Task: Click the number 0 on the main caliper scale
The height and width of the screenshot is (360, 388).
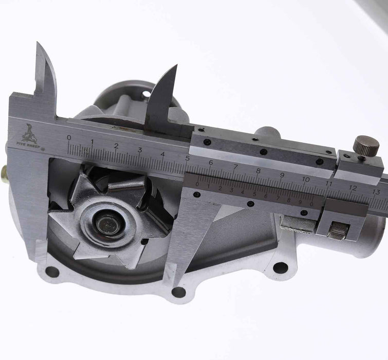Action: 69,137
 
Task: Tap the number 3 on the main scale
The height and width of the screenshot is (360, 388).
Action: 140,150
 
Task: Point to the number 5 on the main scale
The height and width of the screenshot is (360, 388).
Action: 187,158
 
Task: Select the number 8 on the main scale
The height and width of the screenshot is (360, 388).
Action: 258,171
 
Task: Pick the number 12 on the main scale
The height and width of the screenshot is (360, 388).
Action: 353,188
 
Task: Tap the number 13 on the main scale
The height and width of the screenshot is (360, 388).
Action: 376,192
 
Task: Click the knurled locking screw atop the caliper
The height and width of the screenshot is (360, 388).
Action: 366,147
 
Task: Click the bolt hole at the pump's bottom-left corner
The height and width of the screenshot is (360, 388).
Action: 52,272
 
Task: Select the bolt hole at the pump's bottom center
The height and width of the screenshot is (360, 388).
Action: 178,292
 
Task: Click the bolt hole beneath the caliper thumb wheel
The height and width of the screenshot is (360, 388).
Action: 280,267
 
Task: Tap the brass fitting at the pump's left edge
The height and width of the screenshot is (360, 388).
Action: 4,175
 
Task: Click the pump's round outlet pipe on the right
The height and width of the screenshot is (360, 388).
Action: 367,237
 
